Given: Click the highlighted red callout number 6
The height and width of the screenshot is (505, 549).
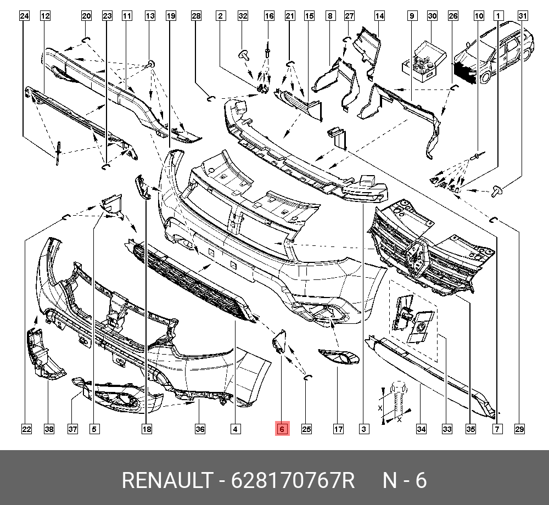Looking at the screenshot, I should coord(282,429).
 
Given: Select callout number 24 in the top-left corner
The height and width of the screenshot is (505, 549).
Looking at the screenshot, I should coord(24,16).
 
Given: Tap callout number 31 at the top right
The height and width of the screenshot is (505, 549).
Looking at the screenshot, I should coord(523,16).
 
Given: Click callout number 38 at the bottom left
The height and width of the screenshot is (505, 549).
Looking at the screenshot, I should coord(49,429).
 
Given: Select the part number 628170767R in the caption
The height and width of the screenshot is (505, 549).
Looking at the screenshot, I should coord(293,481).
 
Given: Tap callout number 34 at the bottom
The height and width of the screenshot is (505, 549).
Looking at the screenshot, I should coord(421,429).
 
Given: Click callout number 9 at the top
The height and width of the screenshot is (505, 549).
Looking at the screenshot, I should coord(411,16).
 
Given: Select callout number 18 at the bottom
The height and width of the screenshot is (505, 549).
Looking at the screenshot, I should coord(146,429).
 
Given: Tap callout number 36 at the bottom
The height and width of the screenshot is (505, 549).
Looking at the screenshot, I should coord(200,429).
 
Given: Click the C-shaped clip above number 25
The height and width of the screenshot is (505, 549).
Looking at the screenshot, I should coord(307,376).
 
